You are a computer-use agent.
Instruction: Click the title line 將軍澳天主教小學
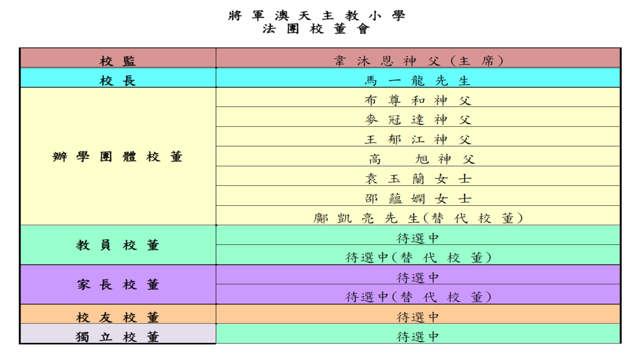[316, 16]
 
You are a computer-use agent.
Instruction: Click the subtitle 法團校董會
[316, 29]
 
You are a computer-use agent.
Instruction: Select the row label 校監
[118, 61]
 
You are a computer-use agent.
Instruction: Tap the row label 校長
[118, 81]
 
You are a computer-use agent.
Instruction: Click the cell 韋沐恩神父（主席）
[418, 61]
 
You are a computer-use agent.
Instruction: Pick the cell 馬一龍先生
[418, 81]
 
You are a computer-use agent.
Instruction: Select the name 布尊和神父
[418, 101]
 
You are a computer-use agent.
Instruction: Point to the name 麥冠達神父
[418, 120]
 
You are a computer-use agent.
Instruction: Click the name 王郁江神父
[418, 140]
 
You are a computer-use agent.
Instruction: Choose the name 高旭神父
[422, 159]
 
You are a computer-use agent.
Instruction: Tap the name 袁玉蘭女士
[418, 179]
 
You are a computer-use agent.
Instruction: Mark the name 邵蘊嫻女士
[418, 199]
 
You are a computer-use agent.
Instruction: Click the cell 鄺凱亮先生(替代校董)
[418, 218]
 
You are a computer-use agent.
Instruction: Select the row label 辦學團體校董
[118, 157]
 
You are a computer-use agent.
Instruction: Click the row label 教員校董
[118, 245]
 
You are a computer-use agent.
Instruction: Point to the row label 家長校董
[118, 285]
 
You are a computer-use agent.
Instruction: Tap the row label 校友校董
[118, 317]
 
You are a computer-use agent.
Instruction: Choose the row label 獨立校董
[118, 337]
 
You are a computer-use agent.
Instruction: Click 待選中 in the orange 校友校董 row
[418, 317]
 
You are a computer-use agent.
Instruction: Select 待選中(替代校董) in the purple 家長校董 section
[418, 297]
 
